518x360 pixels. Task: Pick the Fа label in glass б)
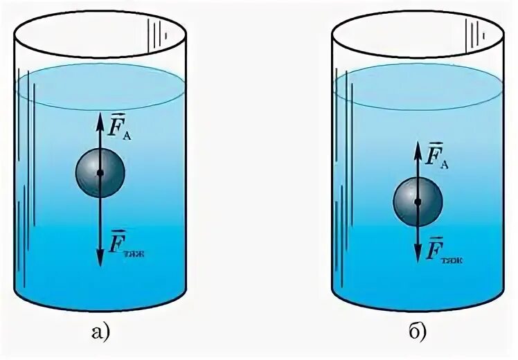437,154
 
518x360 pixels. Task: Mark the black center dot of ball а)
100,172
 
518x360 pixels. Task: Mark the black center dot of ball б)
418,201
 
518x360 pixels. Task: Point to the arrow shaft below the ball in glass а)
100,222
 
